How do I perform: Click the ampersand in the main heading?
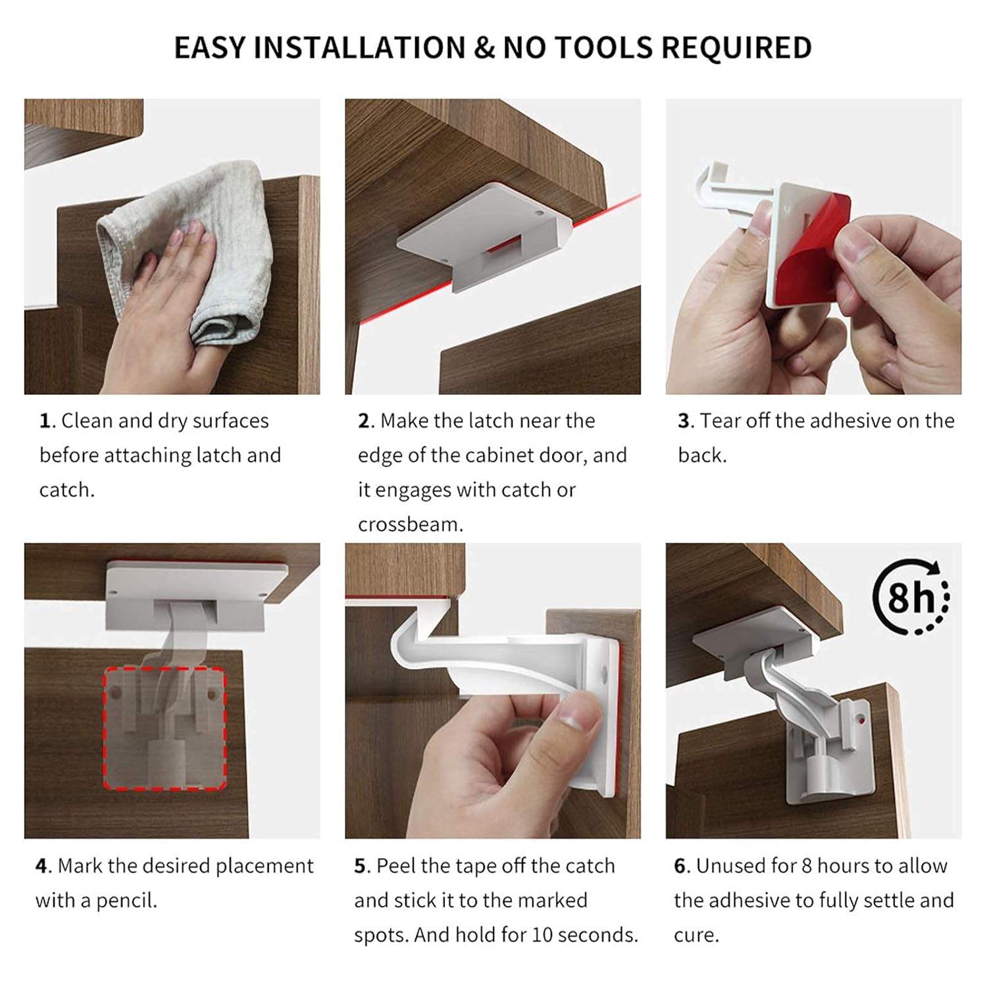tap(483, 48)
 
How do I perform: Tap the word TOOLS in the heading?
tap(605, 48)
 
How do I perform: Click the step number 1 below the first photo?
tap(45, 421)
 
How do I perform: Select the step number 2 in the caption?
tap(365, 421)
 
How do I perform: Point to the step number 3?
tap(684, 421)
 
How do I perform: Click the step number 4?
tap(42, 866)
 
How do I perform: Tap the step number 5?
tap(361, 866)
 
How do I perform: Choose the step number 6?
tap(680, 866)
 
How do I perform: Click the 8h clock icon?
tap(911, 597)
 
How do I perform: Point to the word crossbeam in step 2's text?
tap(411, 524)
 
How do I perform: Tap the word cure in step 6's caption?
tap(696, 935)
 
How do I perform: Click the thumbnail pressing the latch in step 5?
tap(579, 714)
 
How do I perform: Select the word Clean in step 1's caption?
tap(87, 421)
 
